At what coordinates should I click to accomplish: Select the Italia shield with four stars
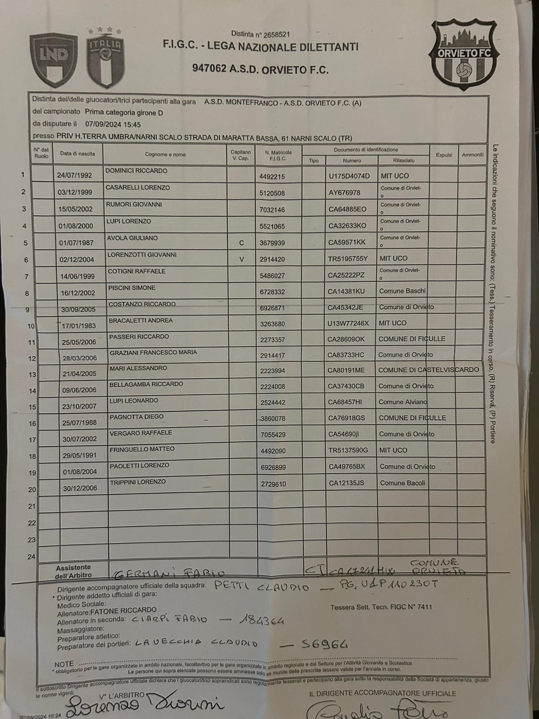pyautogui.click(x=105, y=58)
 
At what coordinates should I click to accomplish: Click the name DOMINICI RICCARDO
pyautogui.click(x=136, y=171)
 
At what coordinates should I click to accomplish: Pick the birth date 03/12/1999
pyautogui.click(x=75, y=192)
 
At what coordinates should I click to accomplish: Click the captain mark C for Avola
pyautogui.click(x=241, y=243)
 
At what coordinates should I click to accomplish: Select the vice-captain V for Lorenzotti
pyautogui.click(x=242, y=259)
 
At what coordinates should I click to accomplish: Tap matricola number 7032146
pyautogui.click(x=272, y=209)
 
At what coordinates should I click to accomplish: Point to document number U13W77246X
pyautogui.click(x=348, y=323)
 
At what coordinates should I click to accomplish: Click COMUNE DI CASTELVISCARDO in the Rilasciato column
pyautogui.click(x=429, y=370)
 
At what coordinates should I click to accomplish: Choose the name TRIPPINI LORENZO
pyautogui.click(x=138, y=482)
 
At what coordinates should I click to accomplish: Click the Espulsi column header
pyautogui.click(x=444, y=155)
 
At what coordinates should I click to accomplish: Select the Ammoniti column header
pyautogui.click(x=473, y=155)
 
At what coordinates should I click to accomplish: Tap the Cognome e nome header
pyautogui.click(x=165, y=155)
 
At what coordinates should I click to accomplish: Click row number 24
pyautogui.click(x=31, y=557)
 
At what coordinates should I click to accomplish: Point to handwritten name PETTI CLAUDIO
pyautogui.click(x=261, y=587)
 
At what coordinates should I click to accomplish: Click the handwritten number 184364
pyautogui.click(x=262, y=621)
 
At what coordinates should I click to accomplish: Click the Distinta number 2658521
pyautogui.click(x=274, y=34)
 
